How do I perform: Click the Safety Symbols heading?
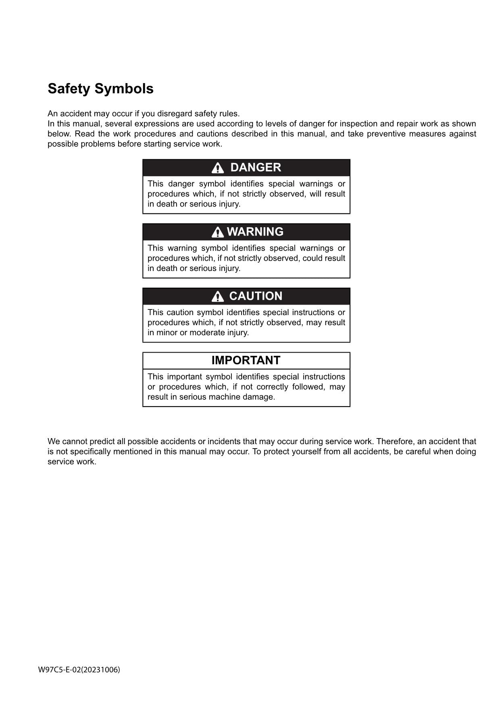point(100,89)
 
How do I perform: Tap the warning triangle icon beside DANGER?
point(217,168)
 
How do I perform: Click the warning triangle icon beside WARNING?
point(217,232)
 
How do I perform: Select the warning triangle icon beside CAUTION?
point(217,297)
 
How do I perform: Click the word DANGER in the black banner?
point(256,167)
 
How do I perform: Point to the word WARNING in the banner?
point(255,232)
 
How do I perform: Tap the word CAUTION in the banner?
point(256,296)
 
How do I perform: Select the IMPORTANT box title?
point(246,360)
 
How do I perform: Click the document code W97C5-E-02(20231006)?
point(79,670)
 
